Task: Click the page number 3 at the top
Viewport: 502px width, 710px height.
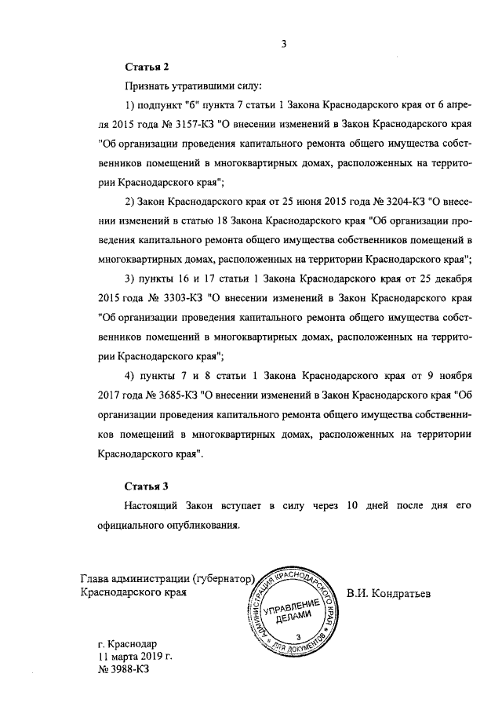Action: [x=286, y=44]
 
